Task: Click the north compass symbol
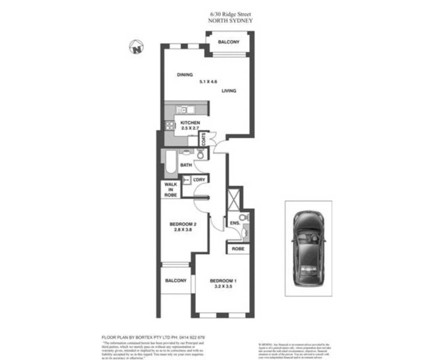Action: (136, 48)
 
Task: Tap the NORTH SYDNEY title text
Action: (230, 21)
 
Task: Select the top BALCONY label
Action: (229, 42)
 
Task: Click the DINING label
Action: (185, 75)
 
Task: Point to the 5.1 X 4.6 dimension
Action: (208, 82)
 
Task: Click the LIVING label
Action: (229, 91)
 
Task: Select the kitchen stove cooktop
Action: (170, 126)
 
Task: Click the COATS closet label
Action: (204, 139)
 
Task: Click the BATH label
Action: (186, 165)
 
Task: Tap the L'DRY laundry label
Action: (199, 180)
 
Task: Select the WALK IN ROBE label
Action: (171, 190)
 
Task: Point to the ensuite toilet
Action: (243, 217)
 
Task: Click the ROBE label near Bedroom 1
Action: (238, 249)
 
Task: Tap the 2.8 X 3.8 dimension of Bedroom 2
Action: (183, 229)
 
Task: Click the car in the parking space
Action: (308, 249)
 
